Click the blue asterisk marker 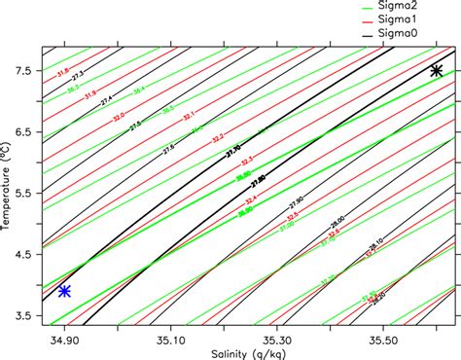(x=64, y=291)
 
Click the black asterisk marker (x=437, y=70)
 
